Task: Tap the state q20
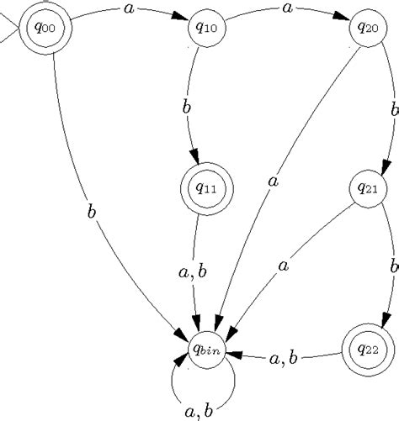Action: [368, 28]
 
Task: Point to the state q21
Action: [368, 189]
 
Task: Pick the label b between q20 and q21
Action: [393, 109]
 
